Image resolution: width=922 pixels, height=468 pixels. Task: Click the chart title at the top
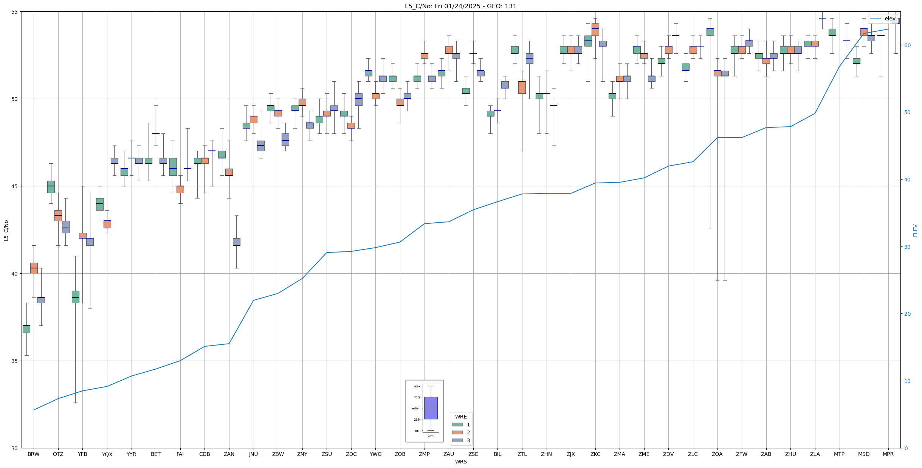460,6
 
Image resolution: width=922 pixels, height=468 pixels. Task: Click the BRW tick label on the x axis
34,454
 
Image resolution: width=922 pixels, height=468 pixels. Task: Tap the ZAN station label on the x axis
229,454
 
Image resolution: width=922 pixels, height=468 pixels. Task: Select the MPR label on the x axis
888,454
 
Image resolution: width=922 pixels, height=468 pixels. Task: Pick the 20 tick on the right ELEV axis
907,314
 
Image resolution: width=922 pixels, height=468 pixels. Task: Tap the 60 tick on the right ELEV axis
907,45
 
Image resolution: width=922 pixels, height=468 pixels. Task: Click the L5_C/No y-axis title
6,230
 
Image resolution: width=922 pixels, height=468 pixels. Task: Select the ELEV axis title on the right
915,230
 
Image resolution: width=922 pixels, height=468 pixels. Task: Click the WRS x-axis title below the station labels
461,462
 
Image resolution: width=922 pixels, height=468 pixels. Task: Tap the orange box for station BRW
34,268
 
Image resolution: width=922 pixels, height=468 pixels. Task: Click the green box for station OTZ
51,187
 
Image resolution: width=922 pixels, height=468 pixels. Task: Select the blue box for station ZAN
237,242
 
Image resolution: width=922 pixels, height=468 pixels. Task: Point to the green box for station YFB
76,297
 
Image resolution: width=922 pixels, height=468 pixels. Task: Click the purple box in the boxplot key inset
431,408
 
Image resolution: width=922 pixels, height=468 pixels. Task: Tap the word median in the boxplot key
415,408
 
